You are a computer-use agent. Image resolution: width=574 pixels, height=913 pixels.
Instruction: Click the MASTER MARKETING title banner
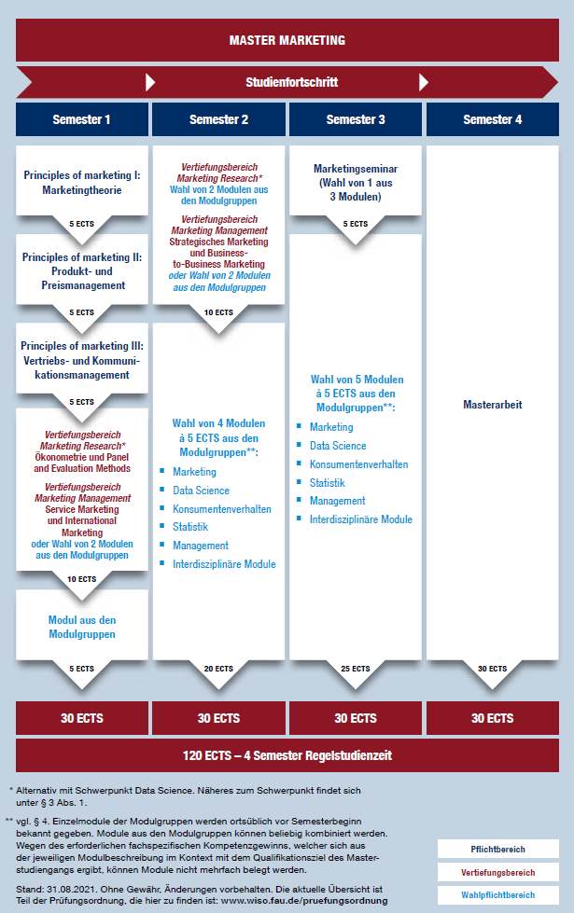coord(287,40)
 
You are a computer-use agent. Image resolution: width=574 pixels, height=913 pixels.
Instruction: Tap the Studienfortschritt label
coord(291,82)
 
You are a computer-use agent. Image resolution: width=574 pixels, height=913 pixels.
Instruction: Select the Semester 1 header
coord(81,119)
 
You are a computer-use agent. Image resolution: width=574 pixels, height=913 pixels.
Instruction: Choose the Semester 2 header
coord(218,119)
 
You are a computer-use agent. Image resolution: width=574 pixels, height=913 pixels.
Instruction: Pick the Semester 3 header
coord(356,119)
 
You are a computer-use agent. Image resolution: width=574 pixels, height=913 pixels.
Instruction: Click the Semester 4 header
coord(492,119)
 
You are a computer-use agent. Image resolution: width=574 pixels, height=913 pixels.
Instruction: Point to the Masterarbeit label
coord(492,405)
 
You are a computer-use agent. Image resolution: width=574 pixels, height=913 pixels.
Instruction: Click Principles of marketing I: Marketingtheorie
coord(81,182)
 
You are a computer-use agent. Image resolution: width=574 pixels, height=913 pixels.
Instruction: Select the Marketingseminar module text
coord(356,183)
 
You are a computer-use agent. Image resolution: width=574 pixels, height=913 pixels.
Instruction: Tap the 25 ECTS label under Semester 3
coord(356,669)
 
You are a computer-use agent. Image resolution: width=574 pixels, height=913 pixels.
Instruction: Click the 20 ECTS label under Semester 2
coord(218,669)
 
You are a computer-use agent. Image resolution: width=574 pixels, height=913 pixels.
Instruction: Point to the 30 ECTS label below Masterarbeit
coord(492,669)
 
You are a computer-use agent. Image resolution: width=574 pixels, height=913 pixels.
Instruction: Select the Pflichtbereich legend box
coord(497,850)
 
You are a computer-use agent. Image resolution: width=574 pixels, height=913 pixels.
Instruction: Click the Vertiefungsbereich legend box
coord(497,872)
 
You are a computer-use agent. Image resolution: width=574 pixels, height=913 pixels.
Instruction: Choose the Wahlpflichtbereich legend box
coord(497,894)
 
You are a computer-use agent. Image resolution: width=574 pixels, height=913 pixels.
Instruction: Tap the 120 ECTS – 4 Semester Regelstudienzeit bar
coord(287,754)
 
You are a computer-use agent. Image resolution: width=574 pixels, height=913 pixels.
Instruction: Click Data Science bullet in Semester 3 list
coord(338,446)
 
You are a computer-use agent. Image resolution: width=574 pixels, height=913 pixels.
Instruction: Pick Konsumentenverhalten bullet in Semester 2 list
coord(222,509)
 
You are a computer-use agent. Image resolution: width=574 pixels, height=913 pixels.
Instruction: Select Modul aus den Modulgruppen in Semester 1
coord(81,627)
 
